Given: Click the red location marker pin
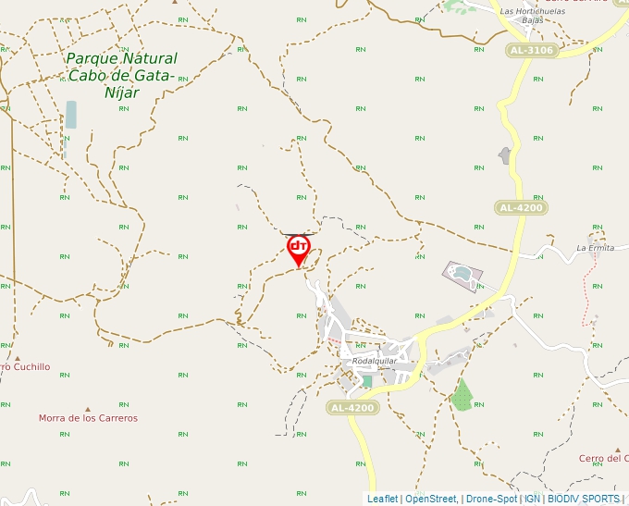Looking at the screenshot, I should tap(298, 248).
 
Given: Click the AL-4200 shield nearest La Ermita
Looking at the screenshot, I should tap(520, 208).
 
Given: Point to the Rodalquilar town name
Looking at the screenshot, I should tap(375, 361).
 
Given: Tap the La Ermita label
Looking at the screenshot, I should tap(595, 248).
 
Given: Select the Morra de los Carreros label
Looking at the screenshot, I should tap(88, 418).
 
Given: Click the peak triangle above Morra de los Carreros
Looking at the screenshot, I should tap(88, 408).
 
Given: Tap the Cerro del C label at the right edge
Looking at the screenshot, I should tap(603, 459).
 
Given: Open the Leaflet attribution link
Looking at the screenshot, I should tap(382, 499).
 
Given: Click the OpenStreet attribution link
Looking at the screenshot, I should tap(430, 499).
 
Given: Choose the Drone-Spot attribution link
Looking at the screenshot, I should tap(491, 499).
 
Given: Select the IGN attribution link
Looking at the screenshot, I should tap(532, 499).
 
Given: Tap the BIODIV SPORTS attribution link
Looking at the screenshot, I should tap(583, 499).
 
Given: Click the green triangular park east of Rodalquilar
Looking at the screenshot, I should tap(462, 396).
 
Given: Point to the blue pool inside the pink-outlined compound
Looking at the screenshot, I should tap(460, 273).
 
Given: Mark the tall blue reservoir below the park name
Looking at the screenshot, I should tap(71, 115).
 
